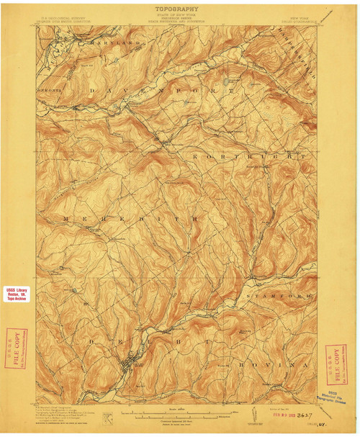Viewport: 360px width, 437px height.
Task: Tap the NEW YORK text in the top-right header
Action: click(300, 16)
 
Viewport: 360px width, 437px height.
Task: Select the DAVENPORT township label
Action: click(162, 91)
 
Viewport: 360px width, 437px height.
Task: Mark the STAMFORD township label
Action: click(280, 296)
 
